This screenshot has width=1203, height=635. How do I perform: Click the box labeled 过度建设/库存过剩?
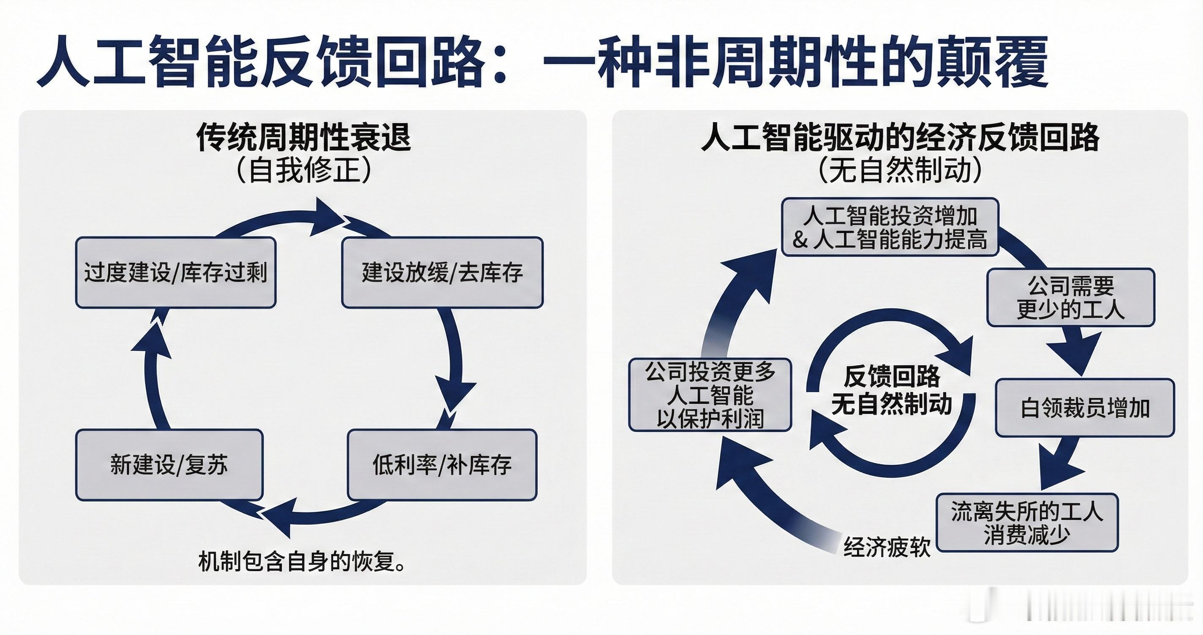[x=176, y=272]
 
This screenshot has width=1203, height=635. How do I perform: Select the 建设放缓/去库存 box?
[x=442, y=272]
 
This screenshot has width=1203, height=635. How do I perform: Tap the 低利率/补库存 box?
[x=442, y=464]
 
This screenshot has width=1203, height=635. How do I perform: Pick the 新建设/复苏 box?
[x=169, y=464]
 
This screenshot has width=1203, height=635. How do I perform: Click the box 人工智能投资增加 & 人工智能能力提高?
[x=890, y=227]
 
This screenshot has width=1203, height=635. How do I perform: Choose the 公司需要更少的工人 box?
[x=1070, y=297]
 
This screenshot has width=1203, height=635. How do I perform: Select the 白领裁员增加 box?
[x=1085, y=407]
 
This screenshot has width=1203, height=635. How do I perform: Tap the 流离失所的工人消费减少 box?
[x=1027, y=522]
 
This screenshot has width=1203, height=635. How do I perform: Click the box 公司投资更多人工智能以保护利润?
[x=710, y=394]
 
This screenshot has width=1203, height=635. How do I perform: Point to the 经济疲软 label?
[x=887, y=547]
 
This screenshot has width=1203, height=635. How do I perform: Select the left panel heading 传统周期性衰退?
[x=304, y=137]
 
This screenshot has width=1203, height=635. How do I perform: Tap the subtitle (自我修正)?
[x=304, y=170]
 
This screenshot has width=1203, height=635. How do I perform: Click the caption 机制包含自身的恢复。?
[x=302, y=561]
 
